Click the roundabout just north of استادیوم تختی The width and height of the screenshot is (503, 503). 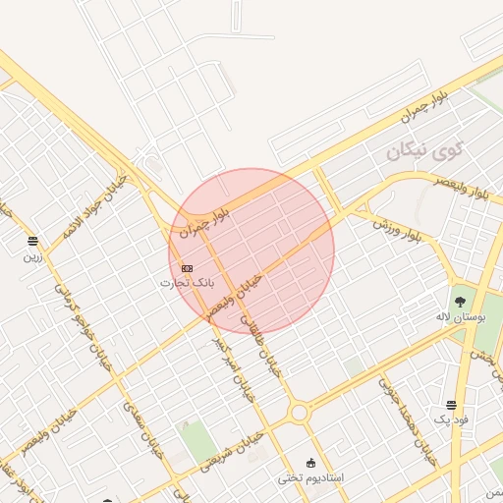coord(299,414)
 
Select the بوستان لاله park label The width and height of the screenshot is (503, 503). coord(456,318)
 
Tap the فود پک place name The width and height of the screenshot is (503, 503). coord(453,420)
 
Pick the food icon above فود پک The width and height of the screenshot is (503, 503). coord(451,405)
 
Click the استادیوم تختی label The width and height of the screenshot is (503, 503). coord(310,477)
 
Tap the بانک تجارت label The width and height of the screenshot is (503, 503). coord(187,283)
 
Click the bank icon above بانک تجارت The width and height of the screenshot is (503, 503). coord(187,268)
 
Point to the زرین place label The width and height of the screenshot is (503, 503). coord(32,256)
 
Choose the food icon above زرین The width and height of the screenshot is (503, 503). coord(33,241)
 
